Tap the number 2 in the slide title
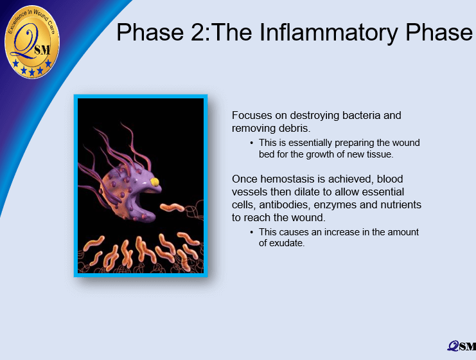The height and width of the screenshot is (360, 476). pyautogui.click(x=198, y=32)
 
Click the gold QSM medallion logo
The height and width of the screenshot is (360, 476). pyautogui.click(x=32, y=42)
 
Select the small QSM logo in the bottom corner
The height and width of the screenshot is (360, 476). pyautogui.click(x=461, y=346)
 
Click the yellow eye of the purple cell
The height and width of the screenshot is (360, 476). pyautogui.click(x=155, y=182)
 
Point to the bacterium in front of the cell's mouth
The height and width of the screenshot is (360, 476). pyautogui.click(x=172, y=208)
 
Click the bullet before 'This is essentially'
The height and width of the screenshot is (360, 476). pyautogui.click(x=252, y=143)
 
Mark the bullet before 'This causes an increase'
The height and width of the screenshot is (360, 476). pyautogui.click(x=252, y=232)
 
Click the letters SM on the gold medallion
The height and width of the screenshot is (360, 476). pyautogui.click(x=42, y=50)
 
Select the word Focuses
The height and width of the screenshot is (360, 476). pyautogui.click(x=252, y=116)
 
